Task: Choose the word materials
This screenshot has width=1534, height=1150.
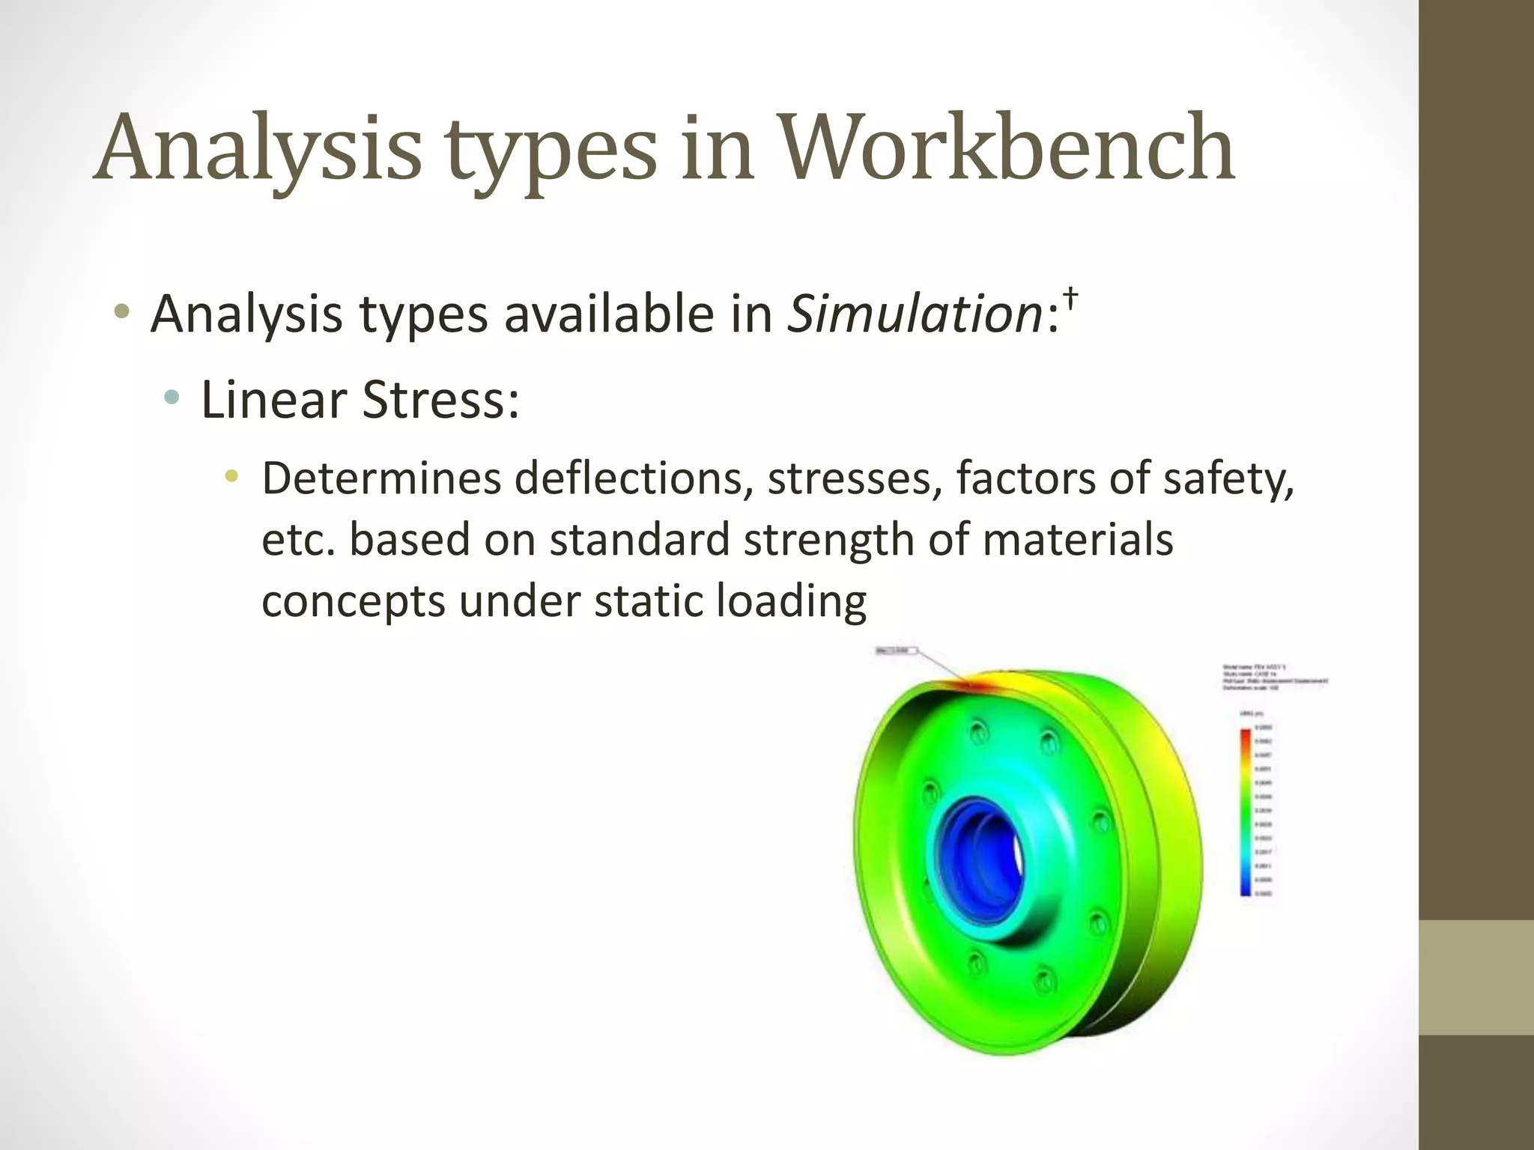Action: [x=1077, y=540]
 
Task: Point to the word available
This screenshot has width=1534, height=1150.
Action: [x=609, y=314]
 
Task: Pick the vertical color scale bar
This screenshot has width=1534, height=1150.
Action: [x=1245, y=812]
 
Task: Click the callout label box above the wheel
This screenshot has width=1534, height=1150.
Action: [x=896, y=651]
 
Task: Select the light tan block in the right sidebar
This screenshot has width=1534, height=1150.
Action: [x=1476, y=977]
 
